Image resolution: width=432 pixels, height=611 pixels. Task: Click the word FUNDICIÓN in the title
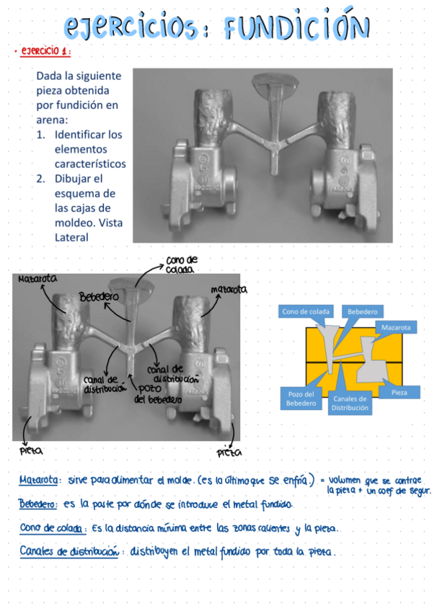click(296, 25)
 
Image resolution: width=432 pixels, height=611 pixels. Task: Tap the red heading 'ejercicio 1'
click(45, 51)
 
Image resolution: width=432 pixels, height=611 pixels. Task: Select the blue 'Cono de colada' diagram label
click(306, 311)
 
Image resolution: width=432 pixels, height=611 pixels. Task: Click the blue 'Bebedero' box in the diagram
click(362, 311)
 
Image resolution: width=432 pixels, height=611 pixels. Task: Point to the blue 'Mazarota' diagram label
click(395, 327)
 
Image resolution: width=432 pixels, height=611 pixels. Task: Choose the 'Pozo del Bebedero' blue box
click(301, 398)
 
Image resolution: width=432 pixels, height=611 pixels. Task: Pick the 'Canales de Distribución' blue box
click(350, 403)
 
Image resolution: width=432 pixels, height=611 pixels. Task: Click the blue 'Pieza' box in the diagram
click(400, 393)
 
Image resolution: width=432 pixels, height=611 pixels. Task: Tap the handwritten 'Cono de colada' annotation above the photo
click(181, 264)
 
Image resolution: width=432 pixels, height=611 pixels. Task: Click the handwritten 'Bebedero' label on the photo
click(99, 297)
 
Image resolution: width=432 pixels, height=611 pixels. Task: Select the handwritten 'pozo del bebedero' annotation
click(158, 394)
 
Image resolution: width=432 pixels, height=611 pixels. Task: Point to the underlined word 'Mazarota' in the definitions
click(38, 480)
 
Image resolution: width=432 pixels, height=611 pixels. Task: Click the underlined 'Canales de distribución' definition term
click(69, 551)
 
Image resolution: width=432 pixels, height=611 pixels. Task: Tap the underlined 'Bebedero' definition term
click(38, 504)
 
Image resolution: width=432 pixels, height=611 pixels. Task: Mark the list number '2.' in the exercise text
click(41, 179)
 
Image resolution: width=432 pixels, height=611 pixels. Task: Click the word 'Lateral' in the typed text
click(71, 237)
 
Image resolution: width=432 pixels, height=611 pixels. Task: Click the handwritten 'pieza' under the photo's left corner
click(31, 451)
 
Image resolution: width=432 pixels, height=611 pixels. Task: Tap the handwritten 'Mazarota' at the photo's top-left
click(38, 279)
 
